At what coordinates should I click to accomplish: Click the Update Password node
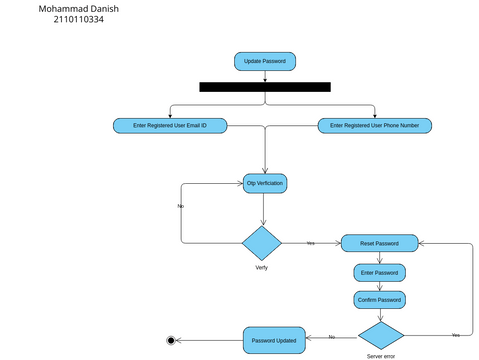264,61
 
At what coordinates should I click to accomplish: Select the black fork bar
264,87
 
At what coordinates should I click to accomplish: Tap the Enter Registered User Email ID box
169,125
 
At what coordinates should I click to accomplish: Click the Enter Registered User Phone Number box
375,125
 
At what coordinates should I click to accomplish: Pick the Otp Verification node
265,183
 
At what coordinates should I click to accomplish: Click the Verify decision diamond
263,243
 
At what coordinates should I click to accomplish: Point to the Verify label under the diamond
261,268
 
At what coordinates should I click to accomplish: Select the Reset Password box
379,243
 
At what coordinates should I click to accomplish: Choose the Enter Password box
379,272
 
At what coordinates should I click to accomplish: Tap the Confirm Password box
379,299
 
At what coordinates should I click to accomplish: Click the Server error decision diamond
381,335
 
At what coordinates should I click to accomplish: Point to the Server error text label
381,356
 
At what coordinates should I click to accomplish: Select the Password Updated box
273,340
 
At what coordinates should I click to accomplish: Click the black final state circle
171,341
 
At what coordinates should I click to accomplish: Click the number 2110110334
78,20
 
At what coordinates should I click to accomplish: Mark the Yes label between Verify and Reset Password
310,243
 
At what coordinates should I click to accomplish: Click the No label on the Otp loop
180,206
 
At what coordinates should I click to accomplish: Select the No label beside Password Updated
331,337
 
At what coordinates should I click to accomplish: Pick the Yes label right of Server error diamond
456,334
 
